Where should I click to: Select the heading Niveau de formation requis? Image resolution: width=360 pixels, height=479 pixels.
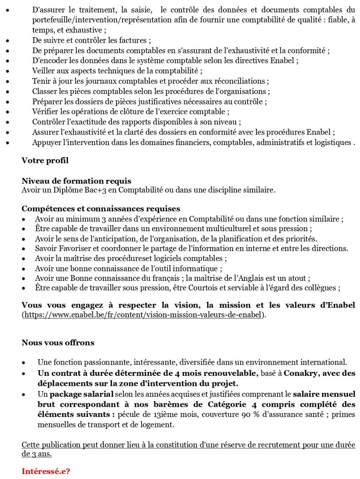(76, 181)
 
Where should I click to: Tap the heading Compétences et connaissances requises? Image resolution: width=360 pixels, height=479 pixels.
(100, 209)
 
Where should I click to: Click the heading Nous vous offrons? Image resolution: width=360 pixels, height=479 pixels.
(58, 342)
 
